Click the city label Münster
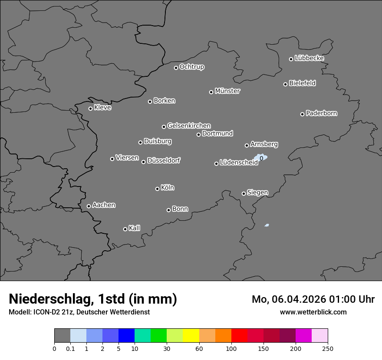click(227, 91)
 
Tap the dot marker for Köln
click(157, 189)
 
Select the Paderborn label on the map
click(322, 113)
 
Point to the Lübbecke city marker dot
click(291, 59)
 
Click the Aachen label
click(104, 205)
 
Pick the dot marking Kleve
click(90, 108)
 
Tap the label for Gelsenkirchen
click(189, 126)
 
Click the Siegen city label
click(257, 193)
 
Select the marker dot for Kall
click(125, 229)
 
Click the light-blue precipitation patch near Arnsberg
click(261, 158)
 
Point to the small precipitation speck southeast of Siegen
click(267, 225)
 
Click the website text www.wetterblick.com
click(313, 312)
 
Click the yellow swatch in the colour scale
click(191, 336)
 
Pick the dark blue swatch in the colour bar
click(126, 336)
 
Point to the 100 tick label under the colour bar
click(231, 348)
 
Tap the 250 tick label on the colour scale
click(327, 348)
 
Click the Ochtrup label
click(192, 67)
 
